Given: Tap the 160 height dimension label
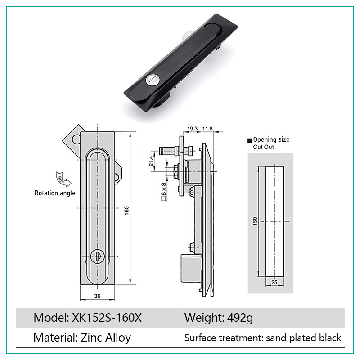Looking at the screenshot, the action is coord(127,211).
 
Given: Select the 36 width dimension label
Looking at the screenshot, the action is coord(97,296).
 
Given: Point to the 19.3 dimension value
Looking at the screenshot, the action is coord(193,129).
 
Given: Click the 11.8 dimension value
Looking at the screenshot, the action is coord(207,129).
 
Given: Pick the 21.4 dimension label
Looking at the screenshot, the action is coord(151,161).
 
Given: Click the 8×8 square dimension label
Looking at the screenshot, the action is coord(163,192).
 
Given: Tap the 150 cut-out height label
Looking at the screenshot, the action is coord(255,221).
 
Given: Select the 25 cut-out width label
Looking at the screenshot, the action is coord(274,282).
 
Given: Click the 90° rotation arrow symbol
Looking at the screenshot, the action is coord(63,179).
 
